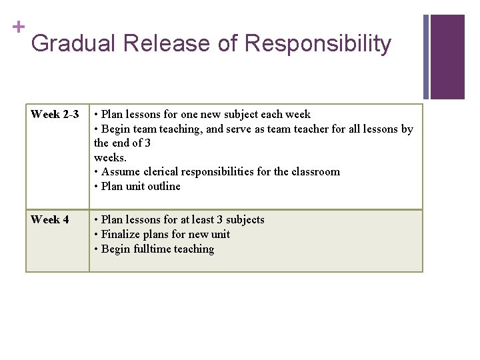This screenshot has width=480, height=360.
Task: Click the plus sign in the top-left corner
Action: [x=18, y=27]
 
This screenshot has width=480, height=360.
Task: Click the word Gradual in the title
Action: [x=73, y=44]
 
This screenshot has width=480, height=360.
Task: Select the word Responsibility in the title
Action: [x=317, y=44]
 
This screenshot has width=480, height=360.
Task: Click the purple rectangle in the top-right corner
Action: [x=447, y=57]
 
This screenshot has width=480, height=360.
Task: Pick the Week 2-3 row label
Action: [x=55, y=115]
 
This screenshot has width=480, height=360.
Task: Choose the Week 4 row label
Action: [x=50, y=220]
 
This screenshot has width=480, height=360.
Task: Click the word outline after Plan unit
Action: [x=163, y=187]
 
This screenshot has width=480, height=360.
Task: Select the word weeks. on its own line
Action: [x=110, y=157]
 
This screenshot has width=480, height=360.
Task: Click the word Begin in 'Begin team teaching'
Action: [x=115, y=129]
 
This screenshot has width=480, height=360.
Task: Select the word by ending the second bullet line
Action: [x=407, y=129]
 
